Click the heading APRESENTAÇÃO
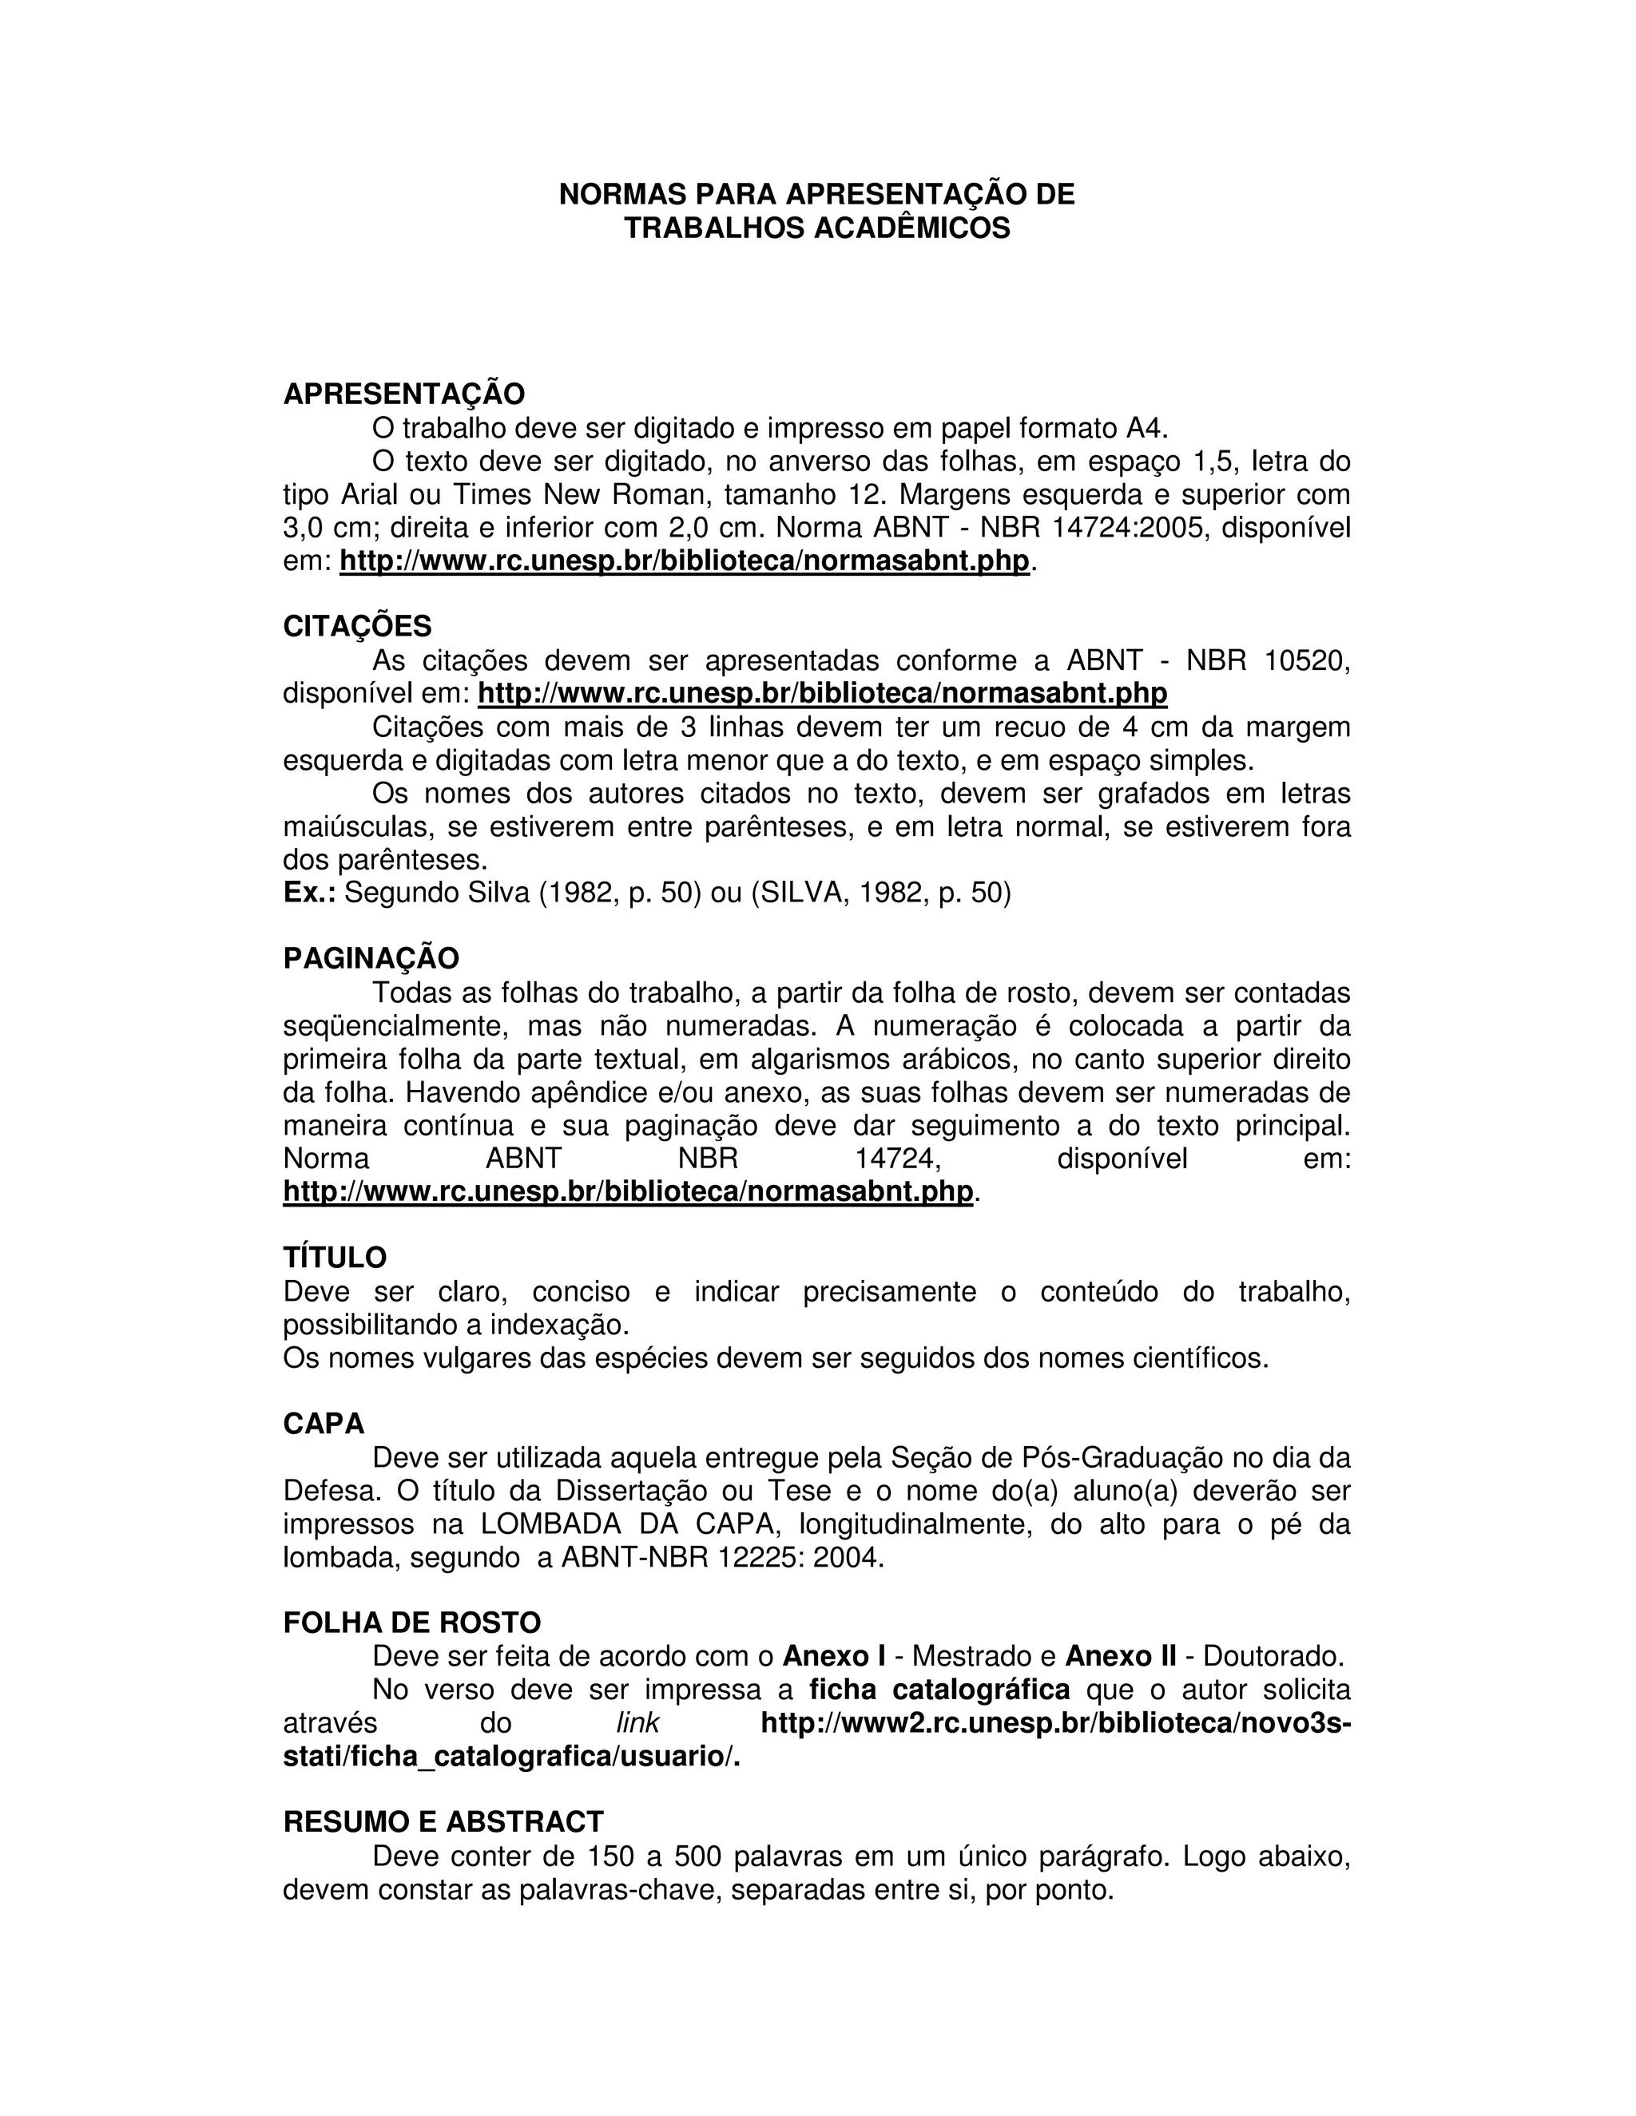point(403,394)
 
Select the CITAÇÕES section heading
point(356,627)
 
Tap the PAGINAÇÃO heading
point(370,958)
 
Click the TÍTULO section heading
point(335,1258)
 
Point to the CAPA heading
point(324,1423)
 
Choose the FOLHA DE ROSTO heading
point(412,1623)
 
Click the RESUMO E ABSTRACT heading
point(443,1822)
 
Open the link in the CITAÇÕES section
point(822,694)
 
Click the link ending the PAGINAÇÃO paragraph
point(627,1191)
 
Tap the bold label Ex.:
point(309,893)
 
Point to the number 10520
point(1306,661)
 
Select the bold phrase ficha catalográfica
point(939,1690)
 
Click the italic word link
point(637,1722)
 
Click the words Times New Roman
point(574,495)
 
